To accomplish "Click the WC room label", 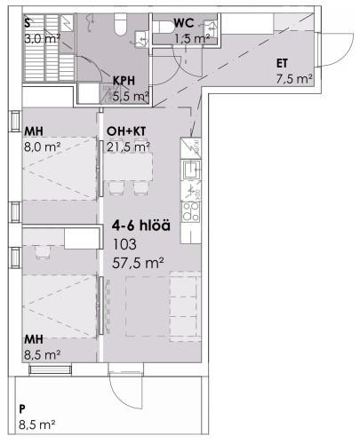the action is pos(184,23).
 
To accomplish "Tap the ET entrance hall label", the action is pos(282,64).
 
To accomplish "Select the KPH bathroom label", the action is pos(124,81).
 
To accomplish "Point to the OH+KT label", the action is pos(126,131).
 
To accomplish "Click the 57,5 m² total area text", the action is pos(138,263).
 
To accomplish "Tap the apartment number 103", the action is pos(124,244).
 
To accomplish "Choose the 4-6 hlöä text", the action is pos(141,226).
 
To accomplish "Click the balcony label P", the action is pos(22,409).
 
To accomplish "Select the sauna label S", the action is pos(28,23).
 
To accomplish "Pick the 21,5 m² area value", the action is pos(128,147).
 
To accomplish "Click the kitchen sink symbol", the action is pos(192,170).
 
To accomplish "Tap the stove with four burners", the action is pos(191,211).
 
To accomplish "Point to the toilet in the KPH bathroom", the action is pos(121,25).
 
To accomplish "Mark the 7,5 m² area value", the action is pos(294,79).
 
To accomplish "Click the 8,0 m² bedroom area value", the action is pos(43,147).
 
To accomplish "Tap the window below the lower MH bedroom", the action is pos(51,369).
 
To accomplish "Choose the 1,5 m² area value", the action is pos(192,39).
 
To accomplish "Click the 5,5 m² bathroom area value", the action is pos(131,97).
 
